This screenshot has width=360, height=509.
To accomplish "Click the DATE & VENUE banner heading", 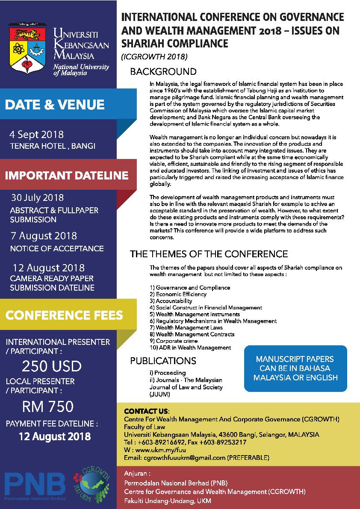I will click(x=55, y=105).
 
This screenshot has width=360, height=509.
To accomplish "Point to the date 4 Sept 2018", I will click(x=37, y=135).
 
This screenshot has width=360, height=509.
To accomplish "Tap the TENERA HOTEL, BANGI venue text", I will click(x=53, y=146).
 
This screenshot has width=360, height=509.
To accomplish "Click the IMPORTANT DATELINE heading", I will click(x=66, y=175).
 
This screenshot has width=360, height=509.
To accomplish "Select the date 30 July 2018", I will click(x=38, y=198).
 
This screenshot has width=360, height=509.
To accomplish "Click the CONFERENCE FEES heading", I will click(x=64, y=315).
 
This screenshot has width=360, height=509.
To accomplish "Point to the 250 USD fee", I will click(x=52, y=366).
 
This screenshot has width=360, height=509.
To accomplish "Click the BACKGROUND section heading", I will click(x=163, y=72).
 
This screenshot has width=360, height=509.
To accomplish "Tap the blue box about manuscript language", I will click(x=295, y=368).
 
